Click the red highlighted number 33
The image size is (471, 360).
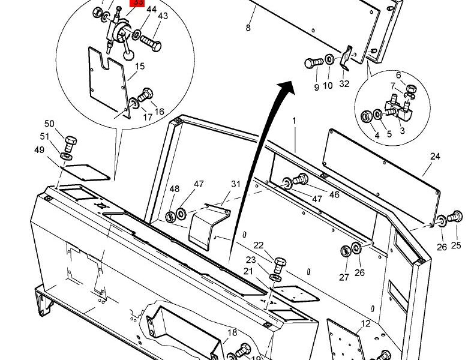click(x=139, y=3)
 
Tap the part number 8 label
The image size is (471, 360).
click(x=248, y=28)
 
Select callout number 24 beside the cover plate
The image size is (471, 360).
click(x=435, y=157)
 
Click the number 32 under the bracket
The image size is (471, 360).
click(x=344, y=84)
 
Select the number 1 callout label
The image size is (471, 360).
click(x=295, y=121)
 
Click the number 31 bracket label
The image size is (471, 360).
click(x=235, y=184)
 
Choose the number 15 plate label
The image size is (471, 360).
click(x=140, y=66)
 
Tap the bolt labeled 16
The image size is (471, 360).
click(x=146, y=95)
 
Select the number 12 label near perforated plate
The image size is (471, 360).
click(x=365, y=325)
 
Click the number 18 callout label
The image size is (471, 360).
click(x=232, y=333)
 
